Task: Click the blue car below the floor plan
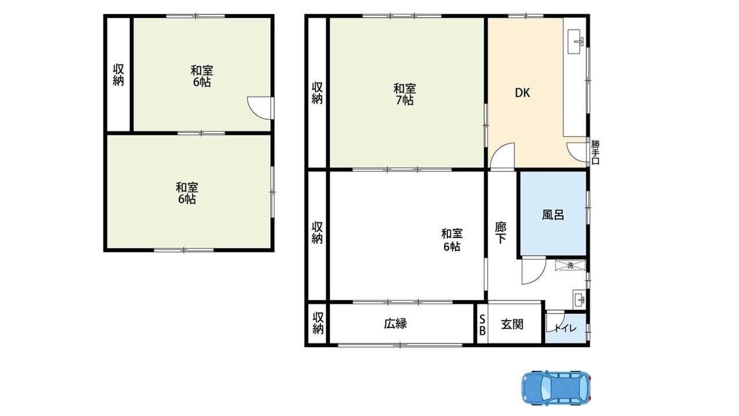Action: click(x=557, y=387)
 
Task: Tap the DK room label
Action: click(x=522, y=92)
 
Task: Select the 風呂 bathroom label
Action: click(x=553, y=215)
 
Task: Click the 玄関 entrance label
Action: click(x=512, y=324)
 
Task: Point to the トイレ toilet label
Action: click(x=565, y=329)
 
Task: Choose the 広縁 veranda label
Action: click(x=395, y=324)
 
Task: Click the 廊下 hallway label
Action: click(x=500, y=232)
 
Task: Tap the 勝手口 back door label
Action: click(x=595, y=152)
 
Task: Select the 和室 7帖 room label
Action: click(x=404, y=94)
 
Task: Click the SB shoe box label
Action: click(x=482, y=325)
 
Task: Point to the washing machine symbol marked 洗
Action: click(x=570, y=266)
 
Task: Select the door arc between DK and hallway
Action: click(x=501, y=155)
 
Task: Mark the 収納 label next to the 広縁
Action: click(x=317, y=324)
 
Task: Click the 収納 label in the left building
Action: click(x=118, y=75)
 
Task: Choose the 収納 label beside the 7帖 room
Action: click(x=317, y=92)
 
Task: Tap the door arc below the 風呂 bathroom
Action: click(x=533, y=272)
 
